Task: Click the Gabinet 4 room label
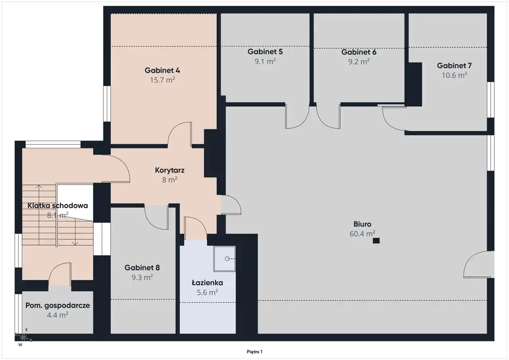click(x=162, y=70)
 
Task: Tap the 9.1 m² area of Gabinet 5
click(x=265, y=61)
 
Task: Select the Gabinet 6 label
click(x=359, y=52)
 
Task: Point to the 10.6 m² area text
click(x=454, y=75)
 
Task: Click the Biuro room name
click(x=362, y=224)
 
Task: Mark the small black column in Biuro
click(x=376, y=240)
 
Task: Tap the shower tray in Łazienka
click(x=225, y=259)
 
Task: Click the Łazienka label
click(x=207, y=283)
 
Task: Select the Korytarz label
click(x=170, y=170)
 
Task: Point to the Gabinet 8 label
click(x=142, y=268)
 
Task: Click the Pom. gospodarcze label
click(x=58, y=306)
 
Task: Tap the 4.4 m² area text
click(x=58, y=315)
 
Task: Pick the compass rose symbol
click(x=23, y=337)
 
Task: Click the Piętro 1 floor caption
click(x=254, y=352)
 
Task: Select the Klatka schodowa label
click(x=58, y=206)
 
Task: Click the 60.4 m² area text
click(x=362, y=234)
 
